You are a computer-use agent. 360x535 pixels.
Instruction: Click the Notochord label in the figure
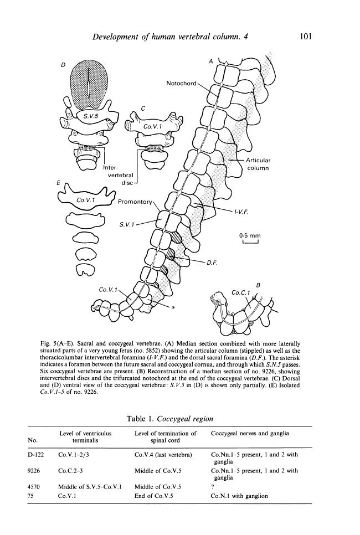(x=182, y=84)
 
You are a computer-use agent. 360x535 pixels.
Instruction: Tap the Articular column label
(x=258, y=164)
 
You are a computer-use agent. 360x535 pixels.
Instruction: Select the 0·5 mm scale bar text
(x=247, y=235)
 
